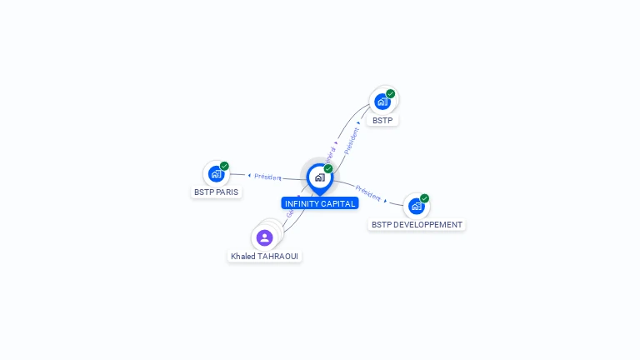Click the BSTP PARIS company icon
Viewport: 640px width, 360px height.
(x=216, y=174)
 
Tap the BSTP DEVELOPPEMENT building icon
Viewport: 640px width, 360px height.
(x=416, y=207)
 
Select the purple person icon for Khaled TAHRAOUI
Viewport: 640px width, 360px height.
(x=265, y=237)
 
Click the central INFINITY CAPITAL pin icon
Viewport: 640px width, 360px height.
(x=319, y=177)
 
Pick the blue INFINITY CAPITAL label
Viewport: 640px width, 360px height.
(x=320, y=203)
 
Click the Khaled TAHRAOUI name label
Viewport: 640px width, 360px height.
(x=265, y=256)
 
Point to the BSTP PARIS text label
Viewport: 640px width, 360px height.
(x=216, y=192)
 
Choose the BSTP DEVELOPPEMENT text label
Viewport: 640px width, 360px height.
(x=417, y=225)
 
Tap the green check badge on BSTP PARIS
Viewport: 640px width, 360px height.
(x=224, y=166)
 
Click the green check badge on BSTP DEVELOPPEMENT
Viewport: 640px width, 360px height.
(x=424, y=198)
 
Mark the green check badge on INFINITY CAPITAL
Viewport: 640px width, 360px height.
(x=328, y=169)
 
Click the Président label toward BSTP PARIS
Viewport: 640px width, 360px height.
(x=267, y=177)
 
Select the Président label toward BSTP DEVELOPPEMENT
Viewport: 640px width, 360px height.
(x=367, y=192)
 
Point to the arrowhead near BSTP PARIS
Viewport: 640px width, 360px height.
(x=248, y=175)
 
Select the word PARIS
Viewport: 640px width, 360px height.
(x=227, y=192)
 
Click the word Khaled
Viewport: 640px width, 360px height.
(x=243, y=256)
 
